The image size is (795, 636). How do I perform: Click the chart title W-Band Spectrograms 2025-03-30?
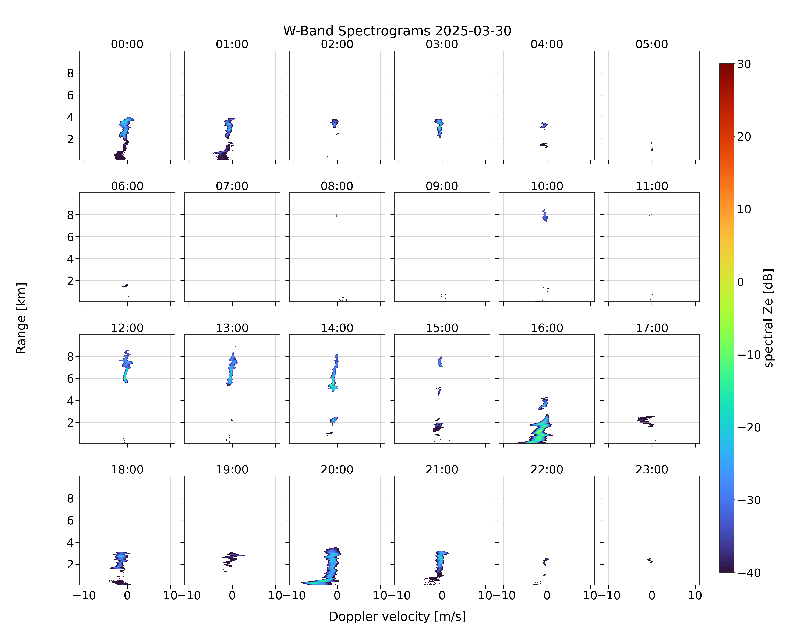pyautogui.click(x=397, y=31)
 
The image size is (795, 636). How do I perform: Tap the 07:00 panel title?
pyautogui.click(x=232, y=186)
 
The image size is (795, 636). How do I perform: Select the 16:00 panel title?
pyautogui.click(x=547, y=328)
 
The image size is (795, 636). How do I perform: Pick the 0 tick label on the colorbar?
pyautogui.click(x=741, y=282)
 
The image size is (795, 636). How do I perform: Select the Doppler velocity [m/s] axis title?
pyautogui.click(x=397, y=616)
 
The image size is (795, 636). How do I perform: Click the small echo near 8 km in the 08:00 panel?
pyautogui.click(x=336, y=216)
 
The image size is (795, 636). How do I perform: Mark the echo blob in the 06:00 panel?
pyautogui.click(x=125, y=286)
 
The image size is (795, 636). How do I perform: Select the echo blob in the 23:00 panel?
pyautogui.click(x=650, y=560)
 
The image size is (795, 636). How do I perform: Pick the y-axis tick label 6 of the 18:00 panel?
pyautogui.click(x=70, y=520)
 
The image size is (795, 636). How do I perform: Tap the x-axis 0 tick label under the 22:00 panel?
pyautogui.click(x=547, y=596)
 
